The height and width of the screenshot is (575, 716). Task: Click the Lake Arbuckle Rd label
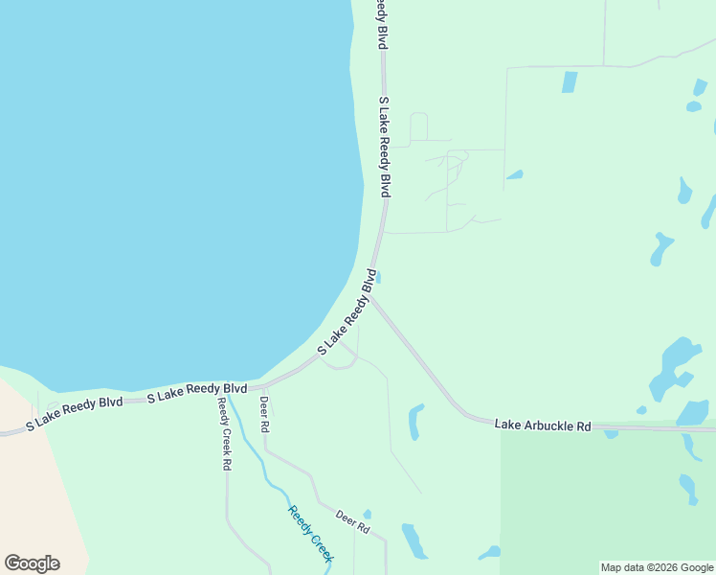543,425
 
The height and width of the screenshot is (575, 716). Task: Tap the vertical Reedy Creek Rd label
224,433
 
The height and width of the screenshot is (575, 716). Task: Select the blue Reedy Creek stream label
311,534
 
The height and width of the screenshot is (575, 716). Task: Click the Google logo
32,563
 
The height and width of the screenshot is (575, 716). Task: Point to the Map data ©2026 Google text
657,567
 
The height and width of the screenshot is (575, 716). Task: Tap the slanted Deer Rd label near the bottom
351,521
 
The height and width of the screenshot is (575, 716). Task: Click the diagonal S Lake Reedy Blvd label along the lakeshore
346,310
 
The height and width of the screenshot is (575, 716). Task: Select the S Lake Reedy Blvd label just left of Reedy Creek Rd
197,390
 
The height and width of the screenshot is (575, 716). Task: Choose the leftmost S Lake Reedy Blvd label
75,411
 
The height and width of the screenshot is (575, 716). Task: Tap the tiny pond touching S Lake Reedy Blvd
379,278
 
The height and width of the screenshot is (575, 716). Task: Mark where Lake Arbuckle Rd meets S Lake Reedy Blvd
371,298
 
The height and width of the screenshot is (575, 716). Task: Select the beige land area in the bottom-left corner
34,479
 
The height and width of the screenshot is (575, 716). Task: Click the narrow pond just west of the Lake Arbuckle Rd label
415,422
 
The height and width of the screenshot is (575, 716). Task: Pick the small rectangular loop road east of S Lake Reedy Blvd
418,127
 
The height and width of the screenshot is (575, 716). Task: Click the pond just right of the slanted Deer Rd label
414,540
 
